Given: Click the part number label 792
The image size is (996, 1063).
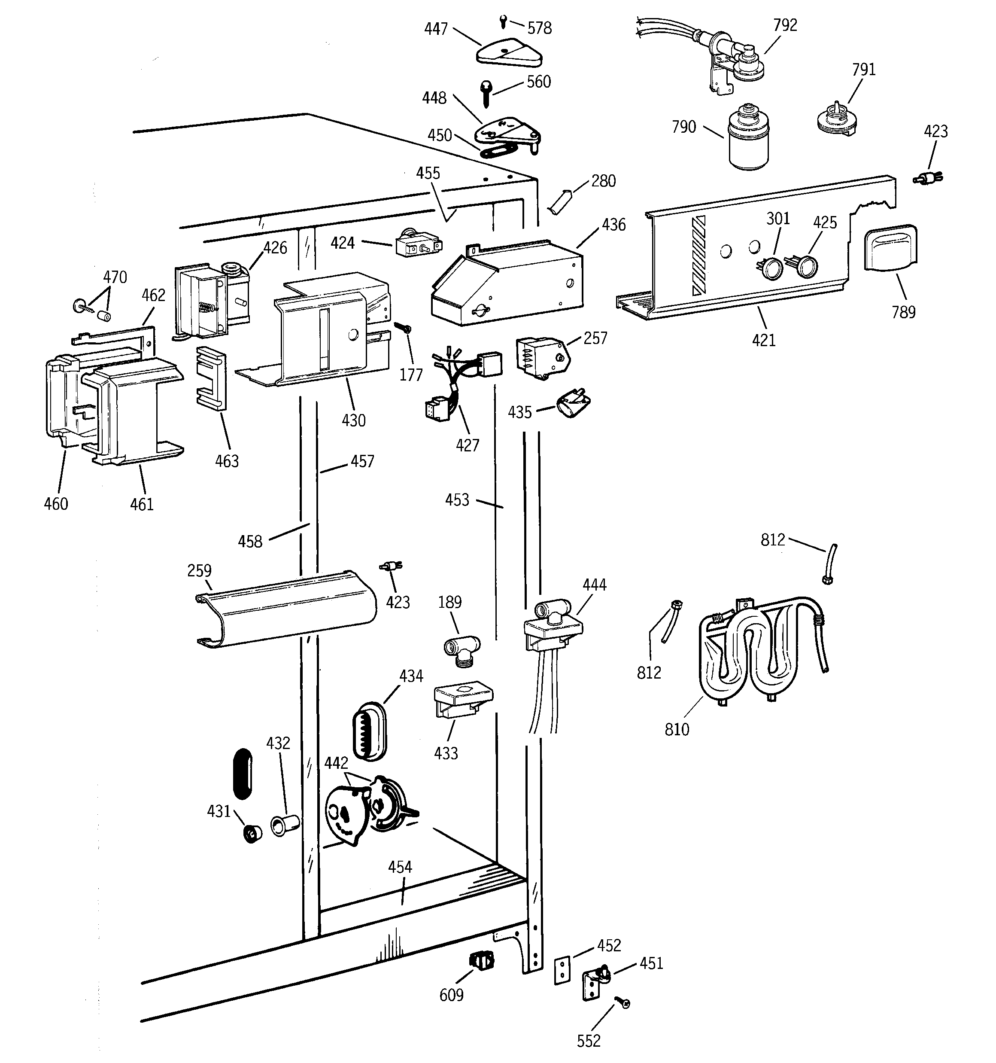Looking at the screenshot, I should pos(785,25).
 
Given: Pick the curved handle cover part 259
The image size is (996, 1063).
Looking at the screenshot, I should pos(286,609).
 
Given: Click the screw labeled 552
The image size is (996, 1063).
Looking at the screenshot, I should pos(623,1002).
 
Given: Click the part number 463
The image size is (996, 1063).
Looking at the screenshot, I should pos(227,461).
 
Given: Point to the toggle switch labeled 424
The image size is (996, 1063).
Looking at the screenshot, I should pos(418,244).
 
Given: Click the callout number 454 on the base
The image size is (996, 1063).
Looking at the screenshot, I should pos(400,867).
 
